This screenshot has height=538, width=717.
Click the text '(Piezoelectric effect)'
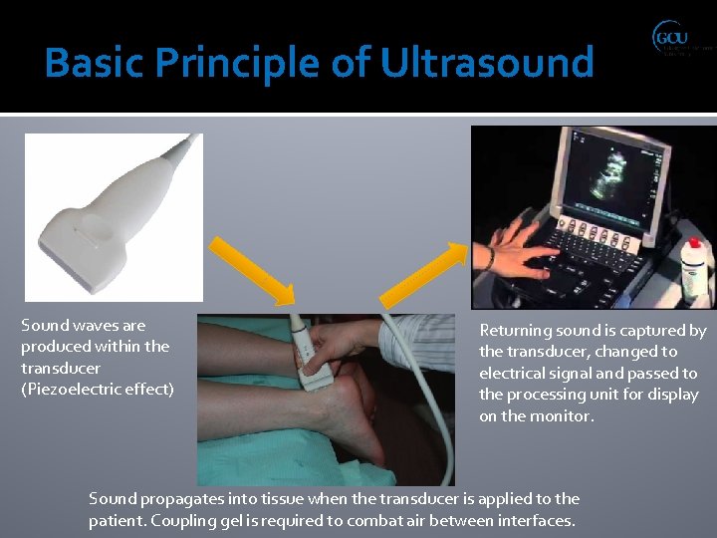(x=97, y=389)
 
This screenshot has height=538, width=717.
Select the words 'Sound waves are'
(x=83, y=325)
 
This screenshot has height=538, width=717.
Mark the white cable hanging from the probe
(x=438, y=418)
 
